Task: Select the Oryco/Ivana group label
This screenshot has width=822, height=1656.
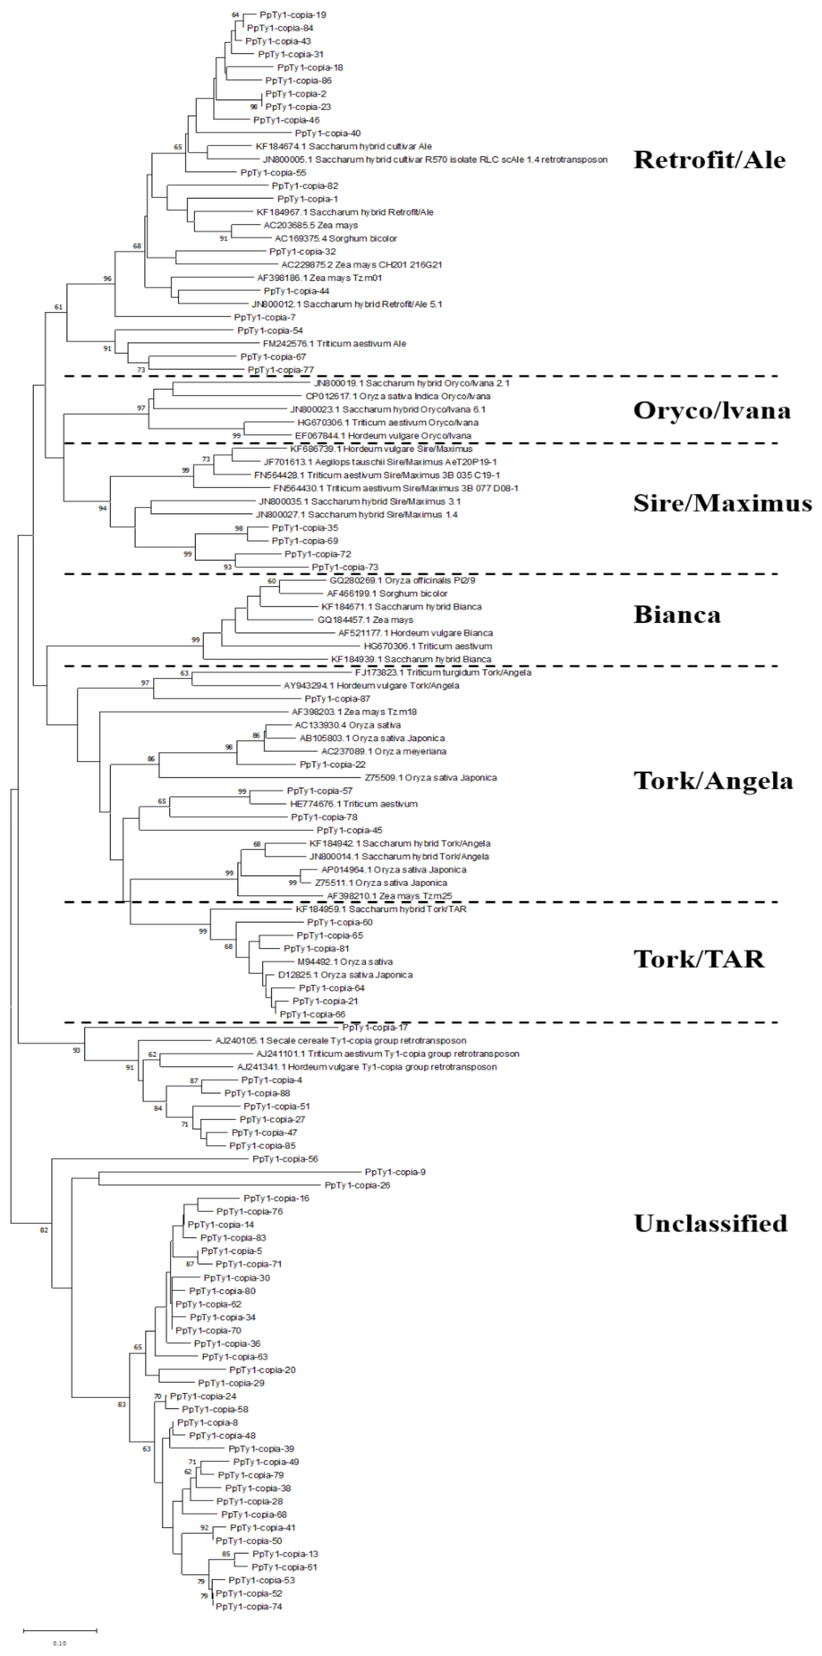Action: [711, 410]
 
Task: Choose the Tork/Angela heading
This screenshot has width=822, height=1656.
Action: [713, 780]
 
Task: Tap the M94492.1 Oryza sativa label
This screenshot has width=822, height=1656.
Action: [345, 962]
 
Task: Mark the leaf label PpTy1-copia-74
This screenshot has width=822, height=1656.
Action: [248, 1606]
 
